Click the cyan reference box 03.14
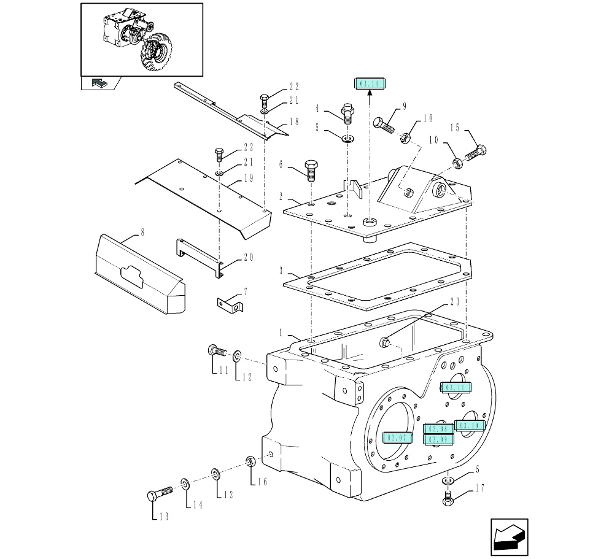369,84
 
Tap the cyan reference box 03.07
395,438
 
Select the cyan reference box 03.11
456,387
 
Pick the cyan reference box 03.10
470,425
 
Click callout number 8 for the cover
142,232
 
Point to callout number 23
455,302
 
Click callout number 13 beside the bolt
163,517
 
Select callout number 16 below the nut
262,482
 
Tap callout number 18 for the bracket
294,122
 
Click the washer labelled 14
185,484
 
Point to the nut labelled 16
250,461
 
